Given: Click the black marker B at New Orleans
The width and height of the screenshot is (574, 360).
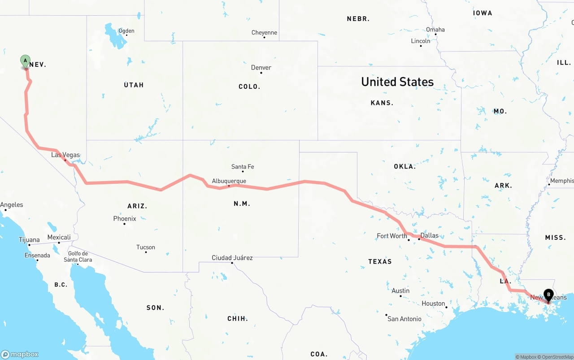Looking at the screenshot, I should coord(548,295).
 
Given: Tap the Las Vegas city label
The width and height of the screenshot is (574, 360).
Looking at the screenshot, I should coord(65,155).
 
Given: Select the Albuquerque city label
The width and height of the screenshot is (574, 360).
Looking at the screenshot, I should coord(229,181).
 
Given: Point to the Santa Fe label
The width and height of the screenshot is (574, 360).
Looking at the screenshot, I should coord(243,167).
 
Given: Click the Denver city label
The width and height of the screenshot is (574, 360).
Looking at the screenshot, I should coord(261,68).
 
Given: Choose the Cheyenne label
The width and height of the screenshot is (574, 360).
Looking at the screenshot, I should coord(264,33).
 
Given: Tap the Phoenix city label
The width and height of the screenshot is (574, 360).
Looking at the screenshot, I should coord(125,219).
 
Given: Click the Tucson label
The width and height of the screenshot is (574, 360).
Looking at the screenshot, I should coord(146,247).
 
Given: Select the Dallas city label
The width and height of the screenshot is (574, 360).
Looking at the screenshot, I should coord(429,235).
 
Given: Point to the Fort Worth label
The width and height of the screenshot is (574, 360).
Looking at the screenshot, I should coord(392,236).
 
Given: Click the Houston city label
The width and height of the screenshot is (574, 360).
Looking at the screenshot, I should coord(433,304).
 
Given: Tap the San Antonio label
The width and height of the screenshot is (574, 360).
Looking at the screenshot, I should coord(404,319).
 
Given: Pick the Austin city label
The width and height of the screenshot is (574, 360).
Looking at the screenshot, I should coord(400,291).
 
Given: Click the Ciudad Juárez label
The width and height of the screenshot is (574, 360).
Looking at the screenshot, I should coord(232,258).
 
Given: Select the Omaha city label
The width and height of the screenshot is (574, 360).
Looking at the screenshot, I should coord(435,30).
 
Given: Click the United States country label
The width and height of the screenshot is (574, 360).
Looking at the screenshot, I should coord(397,82).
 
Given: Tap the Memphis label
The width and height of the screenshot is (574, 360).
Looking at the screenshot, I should coord(561,181).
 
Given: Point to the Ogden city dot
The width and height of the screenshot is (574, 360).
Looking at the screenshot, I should coord(127,35).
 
